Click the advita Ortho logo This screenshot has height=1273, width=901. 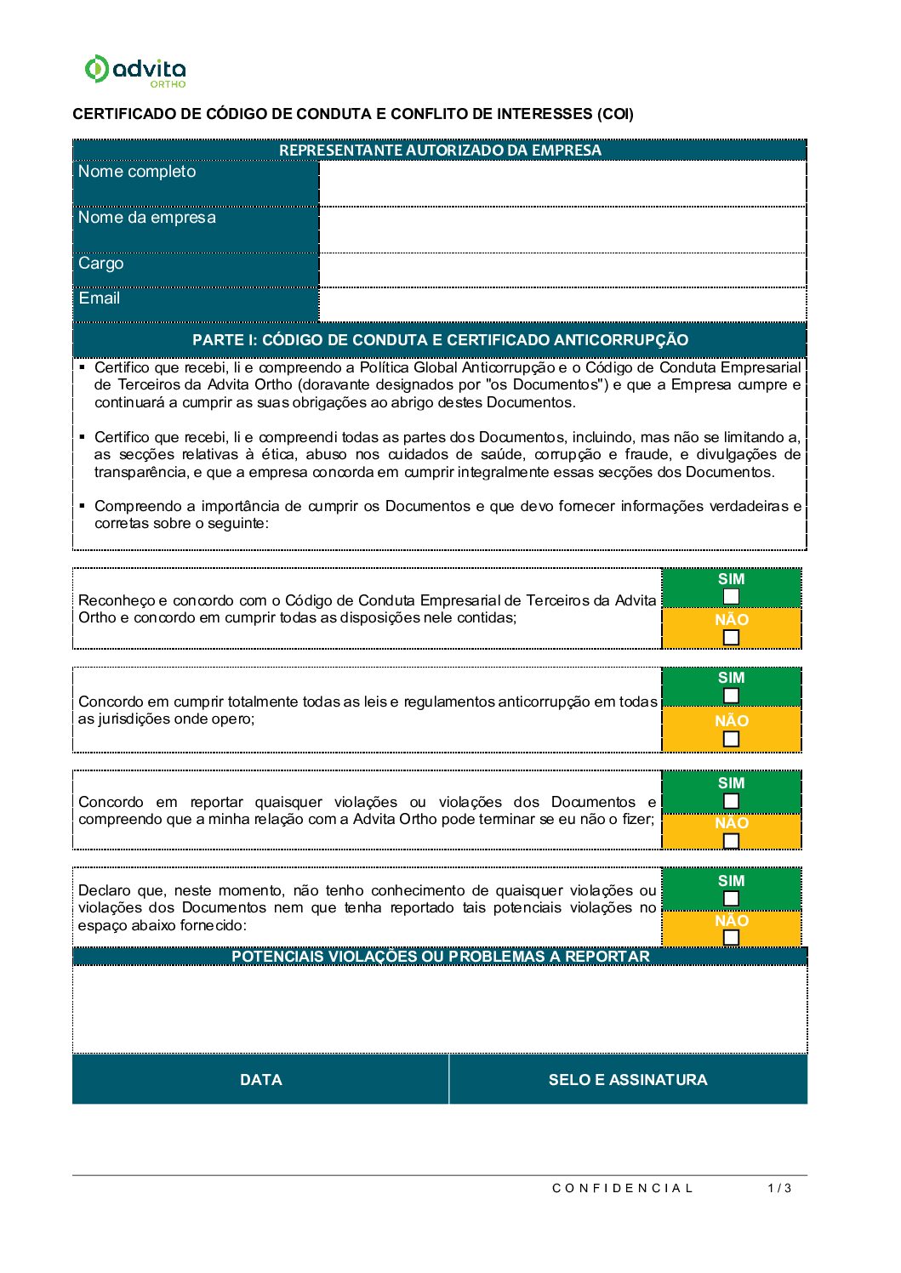pos(134,71)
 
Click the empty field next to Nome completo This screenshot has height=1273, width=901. pos(562,183)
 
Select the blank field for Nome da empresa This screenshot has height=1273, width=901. pos(562,230)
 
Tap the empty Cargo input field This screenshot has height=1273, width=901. pos(562,270)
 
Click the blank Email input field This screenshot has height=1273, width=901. pos(562,304)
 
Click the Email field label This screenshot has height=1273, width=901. pos(100,298)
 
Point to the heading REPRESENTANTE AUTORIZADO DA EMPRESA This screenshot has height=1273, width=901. pos(440,151)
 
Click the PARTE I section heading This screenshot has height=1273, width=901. pos(440,340)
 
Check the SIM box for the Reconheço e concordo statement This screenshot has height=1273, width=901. pos(731,597)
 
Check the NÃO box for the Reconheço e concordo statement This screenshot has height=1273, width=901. pos(731,638)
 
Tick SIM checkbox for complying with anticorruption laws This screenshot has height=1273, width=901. pos(731,696)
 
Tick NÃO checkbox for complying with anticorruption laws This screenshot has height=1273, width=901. pos(731,739)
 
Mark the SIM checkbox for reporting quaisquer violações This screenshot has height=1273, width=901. pos(731,801)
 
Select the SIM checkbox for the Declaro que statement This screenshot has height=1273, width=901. pos(731,899)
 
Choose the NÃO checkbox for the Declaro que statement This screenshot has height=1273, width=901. pos(731,937)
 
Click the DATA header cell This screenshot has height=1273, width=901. pos(260,1080)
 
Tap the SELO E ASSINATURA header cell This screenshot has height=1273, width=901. pos(628,1080)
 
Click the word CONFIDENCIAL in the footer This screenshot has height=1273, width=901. pos(623,1188)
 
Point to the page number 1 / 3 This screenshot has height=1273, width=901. pos(779,1188)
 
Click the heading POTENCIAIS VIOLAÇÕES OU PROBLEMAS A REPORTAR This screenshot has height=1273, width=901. pos(440,957)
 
